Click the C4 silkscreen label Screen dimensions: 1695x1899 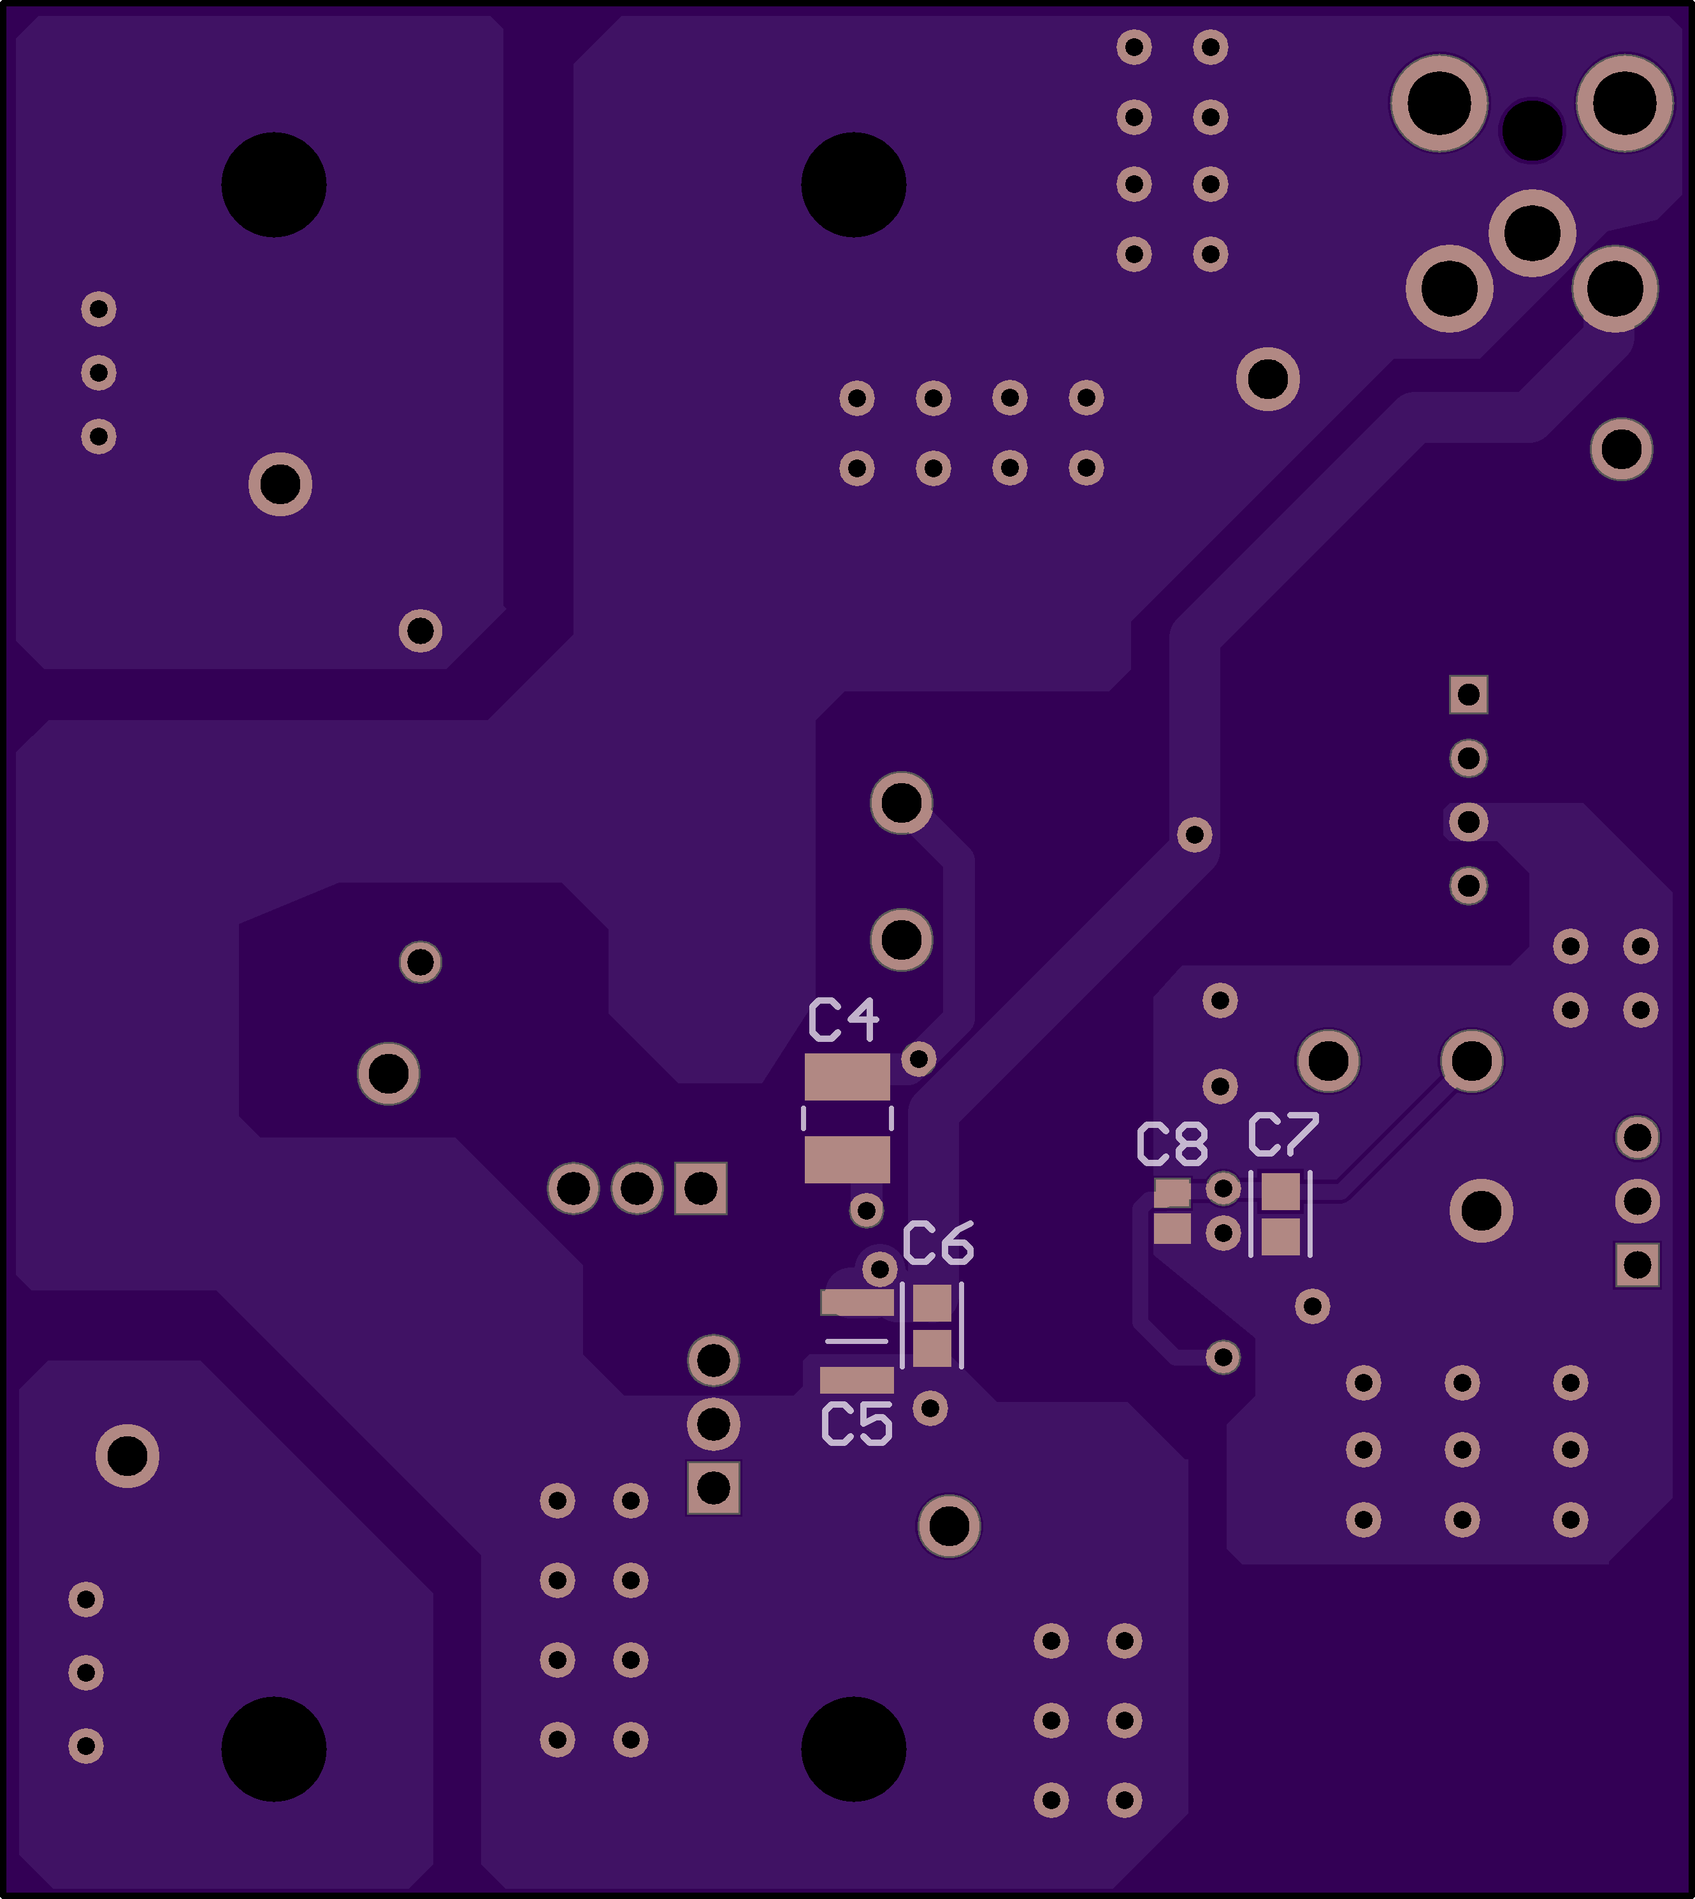tap(843, 1019)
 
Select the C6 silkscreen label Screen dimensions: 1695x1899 tap(938, 1243)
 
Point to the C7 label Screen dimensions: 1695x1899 tap(1283, 1134)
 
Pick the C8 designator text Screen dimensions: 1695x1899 tap(1172, 1144)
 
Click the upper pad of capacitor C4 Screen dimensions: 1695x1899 tap(847, 1076)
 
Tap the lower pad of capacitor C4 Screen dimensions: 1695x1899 tap(847, 1160)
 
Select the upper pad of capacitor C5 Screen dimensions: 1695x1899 tap(857, 1302)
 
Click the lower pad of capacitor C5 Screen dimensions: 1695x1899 tap(857, 1380)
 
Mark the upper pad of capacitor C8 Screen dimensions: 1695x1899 tap(1172, 1193)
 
